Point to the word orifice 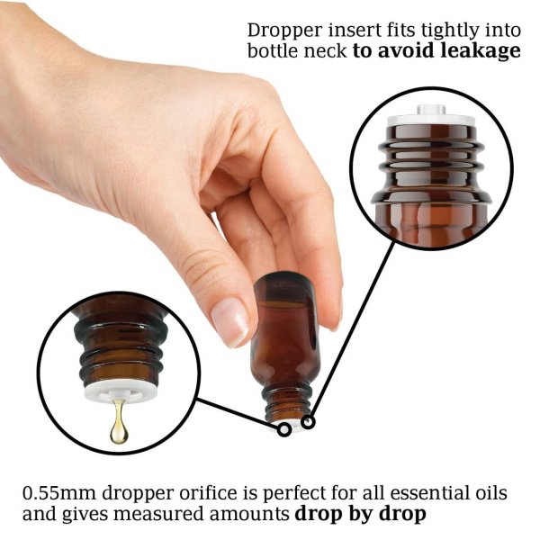(192, 493)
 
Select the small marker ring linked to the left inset (284, 428)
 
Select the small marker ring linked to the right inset (308, 420)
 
